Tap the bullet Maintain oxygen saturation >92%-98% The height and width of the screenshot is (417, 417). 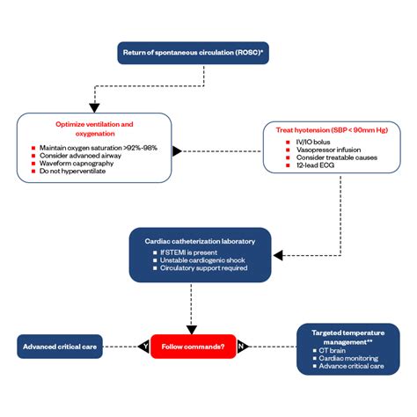[x=98, y=147]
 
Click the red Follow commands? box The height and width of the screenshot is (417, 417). [x=194, y=347]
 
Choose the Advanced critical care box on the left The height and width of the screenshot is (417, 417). [x=61, y=347]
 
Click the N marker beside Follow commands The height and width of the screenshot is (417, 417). [x=241, y=347]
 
